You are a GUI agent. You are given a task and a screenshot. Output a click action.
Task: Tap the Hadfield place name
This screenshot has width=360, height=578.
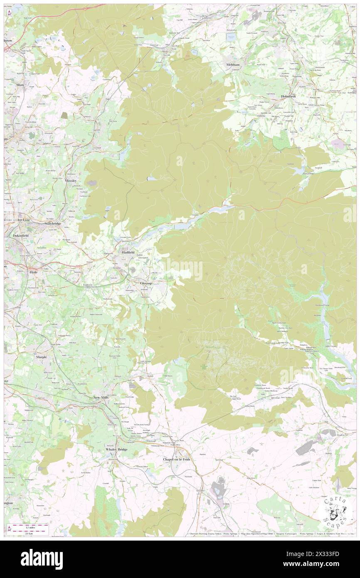(x=128, y=252)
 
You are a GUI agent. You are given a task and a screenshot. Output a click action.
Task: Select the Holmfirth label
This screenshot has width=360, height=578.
(x=290, y=96)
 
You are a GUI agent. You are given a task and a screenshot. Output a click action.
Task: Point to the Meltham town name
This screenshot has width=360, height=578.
(x=233, y=65)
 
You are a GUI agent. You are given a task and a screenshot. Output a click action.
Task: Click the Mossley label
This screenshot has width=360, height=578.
(x=71, y=181)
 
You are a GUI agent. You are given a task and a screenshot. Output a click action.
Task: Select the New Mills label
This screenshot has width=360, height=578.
(x=102, y=398)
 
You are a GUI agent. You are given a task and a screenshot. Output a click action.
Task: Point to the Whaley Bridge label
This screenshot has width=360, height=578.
(x=116, y=450)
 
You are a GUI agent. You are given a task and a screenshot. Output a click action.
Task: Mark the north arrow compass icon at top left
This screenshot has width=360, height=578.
(x=10, y=13)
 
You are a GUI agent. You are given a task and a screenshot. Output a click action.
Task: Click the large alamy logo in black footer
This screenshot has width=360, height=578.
(x=42, y=559)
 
